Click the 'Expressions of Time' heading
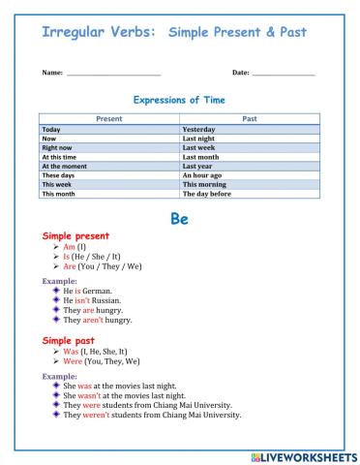179,99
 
